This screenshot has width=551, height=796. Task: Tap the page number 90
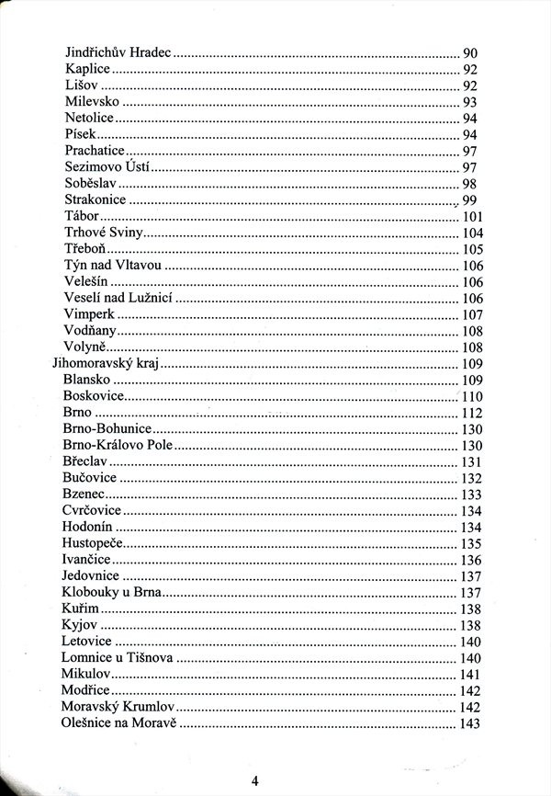pyautogui.click(x=469, y=53)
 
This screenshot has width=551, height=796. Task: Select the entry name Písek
pyautogui.click(x=82, y=134)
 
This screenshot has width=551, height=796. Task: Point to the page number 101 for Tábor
pyautogui.click(x=472, y=217)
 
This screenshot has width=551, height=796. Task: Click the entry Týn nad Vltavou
pyautogui.click(x=113, y=265)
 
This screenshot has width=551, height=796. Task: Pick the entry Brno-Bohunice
pyautogui.click(x=107, y=428)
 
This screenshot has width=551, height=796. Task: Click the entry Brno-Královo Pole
pyautogui.click(x=118, y=445)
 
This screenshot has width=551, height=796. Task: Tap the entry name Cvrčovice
pyautogui.click(x=92, y=510)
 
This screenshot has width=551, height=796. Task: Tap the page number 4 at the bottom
pyautogui.click(x=254, y=780)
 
